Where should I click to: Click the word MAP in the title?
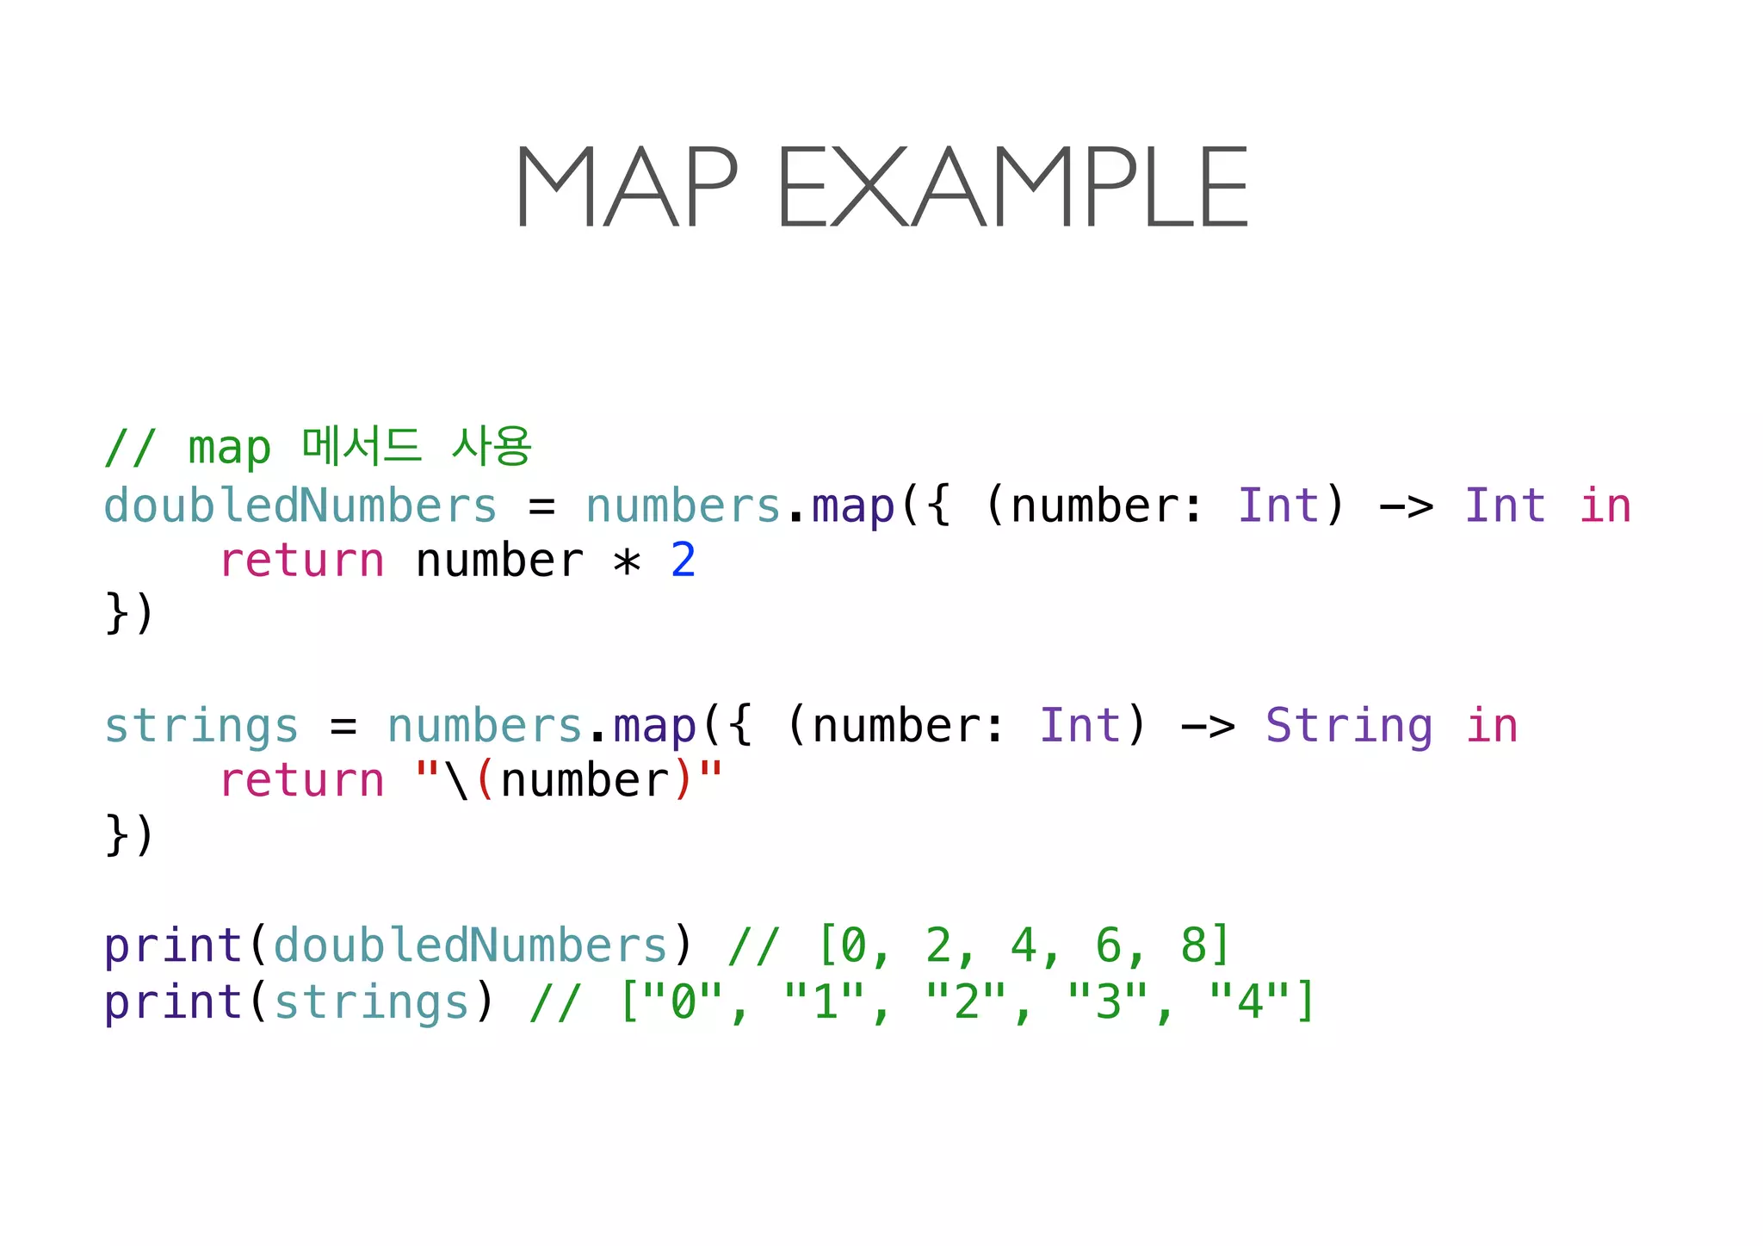click(x=626, y=187)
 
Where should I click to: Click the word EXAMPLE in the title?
click(x=1012, y=187)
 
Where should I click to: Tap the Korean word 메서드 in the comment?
click(x=362, y=446)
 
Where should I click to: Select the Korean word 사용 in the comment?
click(x=492, y=446)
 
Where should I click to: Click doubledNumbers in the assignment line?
click(x=300, y=505)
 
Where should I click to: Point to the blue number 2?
click(x=683, y=561)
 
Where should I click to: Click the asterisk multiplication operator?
click(x=627, y=562)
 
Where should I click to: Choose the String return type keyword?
click(x=1349, y=726)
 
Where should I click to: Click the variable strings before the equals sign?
click(x=201, y=726)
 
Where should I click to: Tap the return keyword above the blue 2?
click(x=301, y=561)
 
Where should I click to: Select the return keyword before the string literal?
click(x=301, y=781)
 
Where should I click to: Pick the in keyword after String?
click(x=1492, y=726)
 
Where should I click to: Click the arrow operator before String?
click(x=1208, y=726)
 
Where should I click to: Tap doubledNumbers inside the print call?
click(x=471, y=945)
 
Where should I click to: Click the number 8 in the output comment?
click(x=1193, y=945)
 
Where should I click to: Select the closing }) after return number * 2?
click(x=129, y=613)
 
